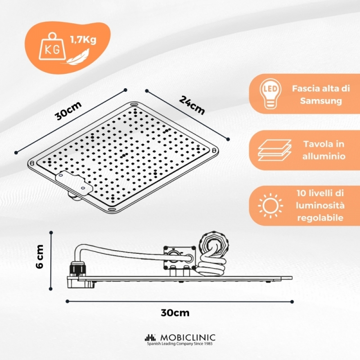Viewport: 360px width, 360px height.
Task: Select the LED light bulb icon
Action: coord(270,94)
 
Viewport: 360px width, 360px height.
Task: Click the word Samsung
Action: coord(321,101)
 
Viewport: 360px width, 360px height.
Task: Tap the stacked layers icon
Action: coord(274,150)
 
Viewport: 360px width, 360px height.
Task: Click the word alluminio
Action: coord(324,156)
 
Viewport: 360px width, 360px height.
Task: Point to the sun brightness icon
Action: coord(270,206)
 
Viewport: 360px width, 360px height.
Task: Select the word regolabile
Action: coord(320,218)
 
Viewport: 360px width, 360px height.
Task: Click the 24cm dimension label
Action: coord(192,105)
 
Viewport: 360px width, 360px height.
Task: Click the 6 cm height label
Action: coord(40,256)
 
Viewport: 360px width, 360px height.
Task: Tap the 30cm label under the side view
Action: coord(175,313)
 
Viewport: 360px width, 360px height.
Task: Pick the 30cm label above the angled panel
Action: coord(68,111)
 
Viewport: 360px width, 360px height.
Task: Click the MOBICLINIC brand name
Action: coord(188,337)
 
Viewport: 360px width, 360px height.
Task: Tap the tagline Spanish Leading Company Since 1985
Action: coord(180,344)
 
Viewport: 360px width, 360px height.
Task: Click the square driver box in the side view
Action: coord(179,257)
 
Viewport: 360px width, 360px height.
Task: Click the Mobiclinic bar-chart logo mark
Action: coord(150,337)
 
